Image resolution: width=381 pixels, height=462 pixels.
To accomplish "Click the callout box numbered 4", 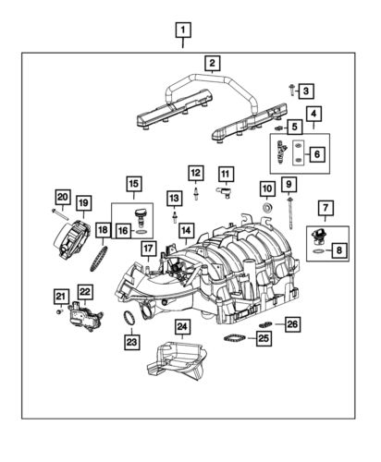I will point(314,115).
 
